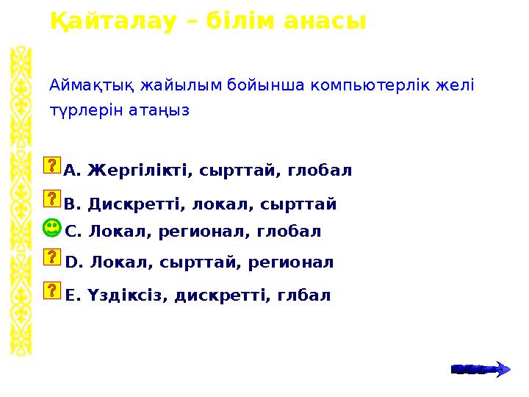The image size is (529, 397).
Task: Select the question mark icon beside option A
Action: click(x=52, y=165)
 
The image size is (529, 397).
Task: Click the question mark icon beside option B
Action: click(x=52, y=198)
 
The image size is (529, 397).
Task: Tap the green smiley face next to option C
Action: click(x=52, y=228)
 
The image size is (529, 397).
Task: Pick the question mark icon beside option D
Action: click(x=52, y=257)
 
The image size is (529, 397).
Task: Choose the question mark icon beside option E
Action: click(x=52, y=290)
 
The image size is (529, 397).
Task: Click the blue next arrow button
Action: click(x=480, y=368)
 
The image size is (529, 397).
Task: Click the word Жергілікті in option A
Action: click(x=137, y=171)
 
